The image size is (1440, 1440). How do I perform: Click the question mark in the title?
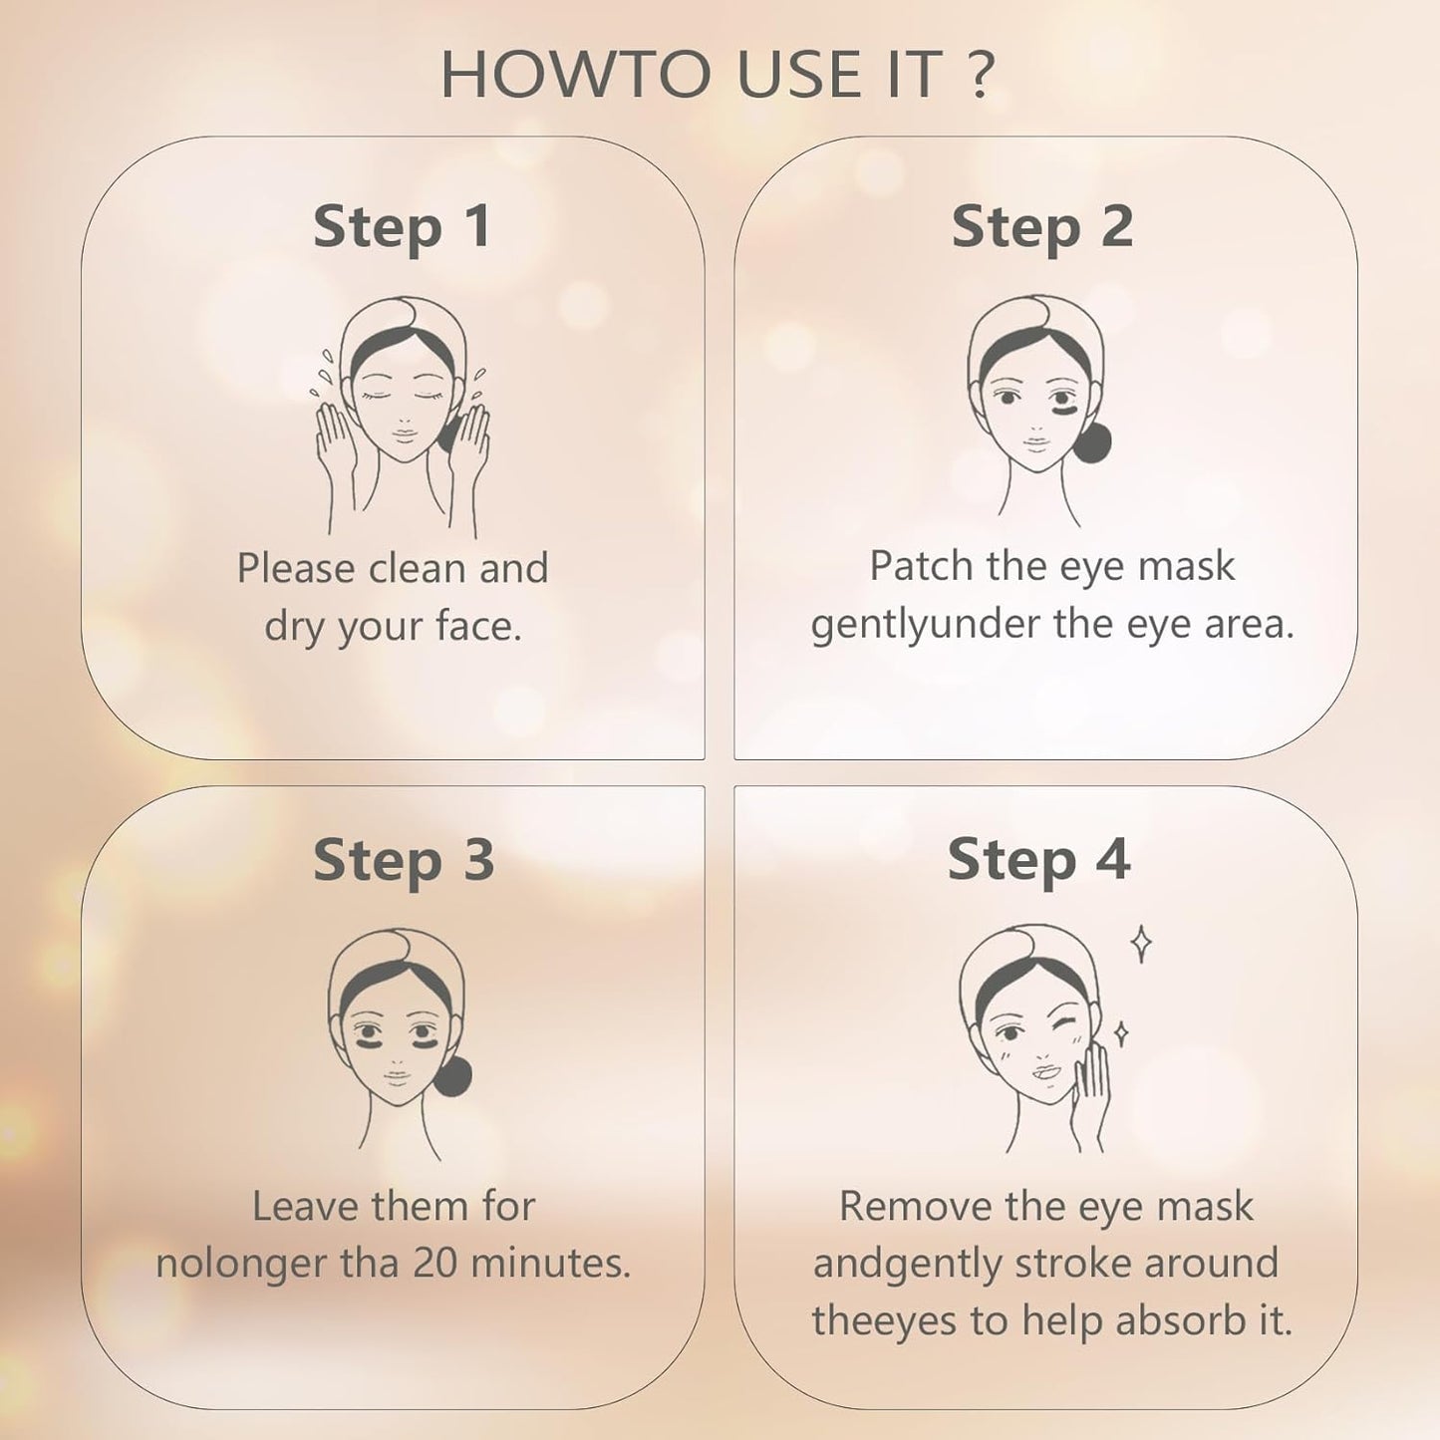click(981, 75)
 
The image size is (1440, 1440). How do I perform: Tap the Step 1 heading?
click(403, 227)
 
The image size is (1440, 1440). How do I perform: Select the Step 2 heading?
click(1042, 227)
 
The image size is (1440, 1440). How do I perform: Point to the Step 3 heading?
click(404, 860)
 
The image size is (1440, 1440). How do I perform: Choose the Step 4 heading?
click(1038, 859)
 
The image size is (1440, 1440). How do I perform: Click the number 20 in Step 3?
click(435, 1264)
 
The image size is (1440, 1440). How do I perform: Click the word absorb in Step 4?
click(1180, 1321)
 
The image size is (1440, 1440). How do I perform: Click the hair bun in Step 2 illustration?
click(1091, 442)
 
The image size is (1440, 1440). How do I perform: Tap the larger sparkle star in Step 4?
click(1142, 944)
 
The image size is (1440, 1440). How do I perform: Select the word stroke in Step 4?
click(1073, 1264)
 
